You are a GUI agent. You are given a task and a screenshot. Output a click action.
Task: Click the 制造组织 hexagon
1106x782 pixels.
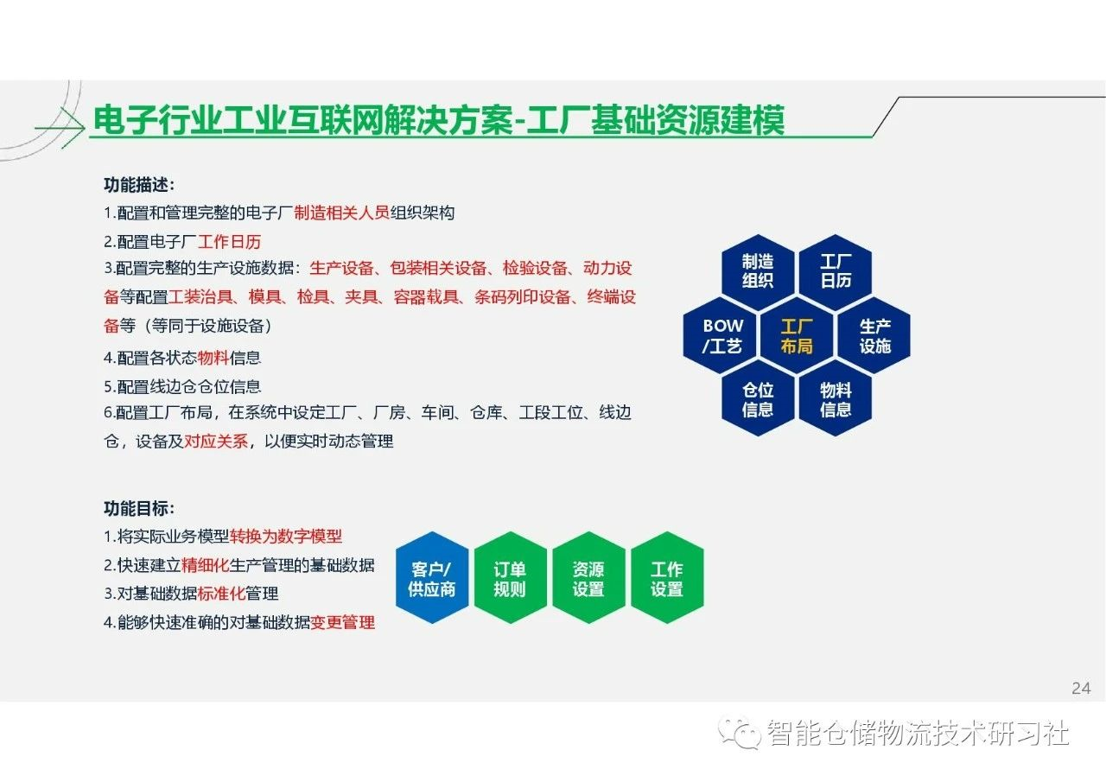(758, 271)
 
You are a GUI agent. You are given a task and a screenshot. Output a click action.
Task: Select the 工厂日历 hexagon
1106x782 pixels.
(836, 271)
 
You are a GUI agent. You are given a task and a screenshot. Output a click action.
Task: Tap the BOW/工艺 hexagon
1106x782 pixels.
(720, 336)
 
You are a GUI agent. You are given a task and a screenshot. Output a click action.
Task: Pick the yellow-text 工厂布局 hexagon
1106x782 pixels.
(797, 336)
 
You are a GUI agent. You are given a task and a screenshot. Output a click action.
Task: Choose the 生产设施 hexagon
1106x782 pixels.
(874, 336)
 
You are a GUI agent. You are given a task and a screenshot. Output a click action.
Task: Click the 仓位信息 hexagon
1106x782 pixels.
(758, 399)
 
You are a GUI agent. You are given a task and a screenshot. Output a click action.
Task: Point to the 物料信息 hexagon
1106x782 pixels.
(836, 399)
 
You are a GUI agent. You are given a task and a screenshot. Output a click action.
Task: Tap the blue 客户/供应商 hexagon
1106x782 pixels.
(432, 577)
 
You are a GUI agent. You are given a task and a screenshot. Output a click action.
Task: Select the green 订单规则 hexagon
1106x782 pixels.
(511, 577)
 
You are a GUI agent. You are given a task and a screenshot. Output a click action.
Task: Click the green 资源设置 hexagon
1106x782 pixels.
(588, 577)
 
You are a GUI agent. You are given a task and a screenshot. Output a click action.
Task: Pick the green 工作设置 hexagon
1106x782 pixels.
(667, 577)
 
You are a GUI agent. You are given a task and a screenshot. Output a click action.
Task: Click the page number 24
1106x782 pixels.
(1081, 688)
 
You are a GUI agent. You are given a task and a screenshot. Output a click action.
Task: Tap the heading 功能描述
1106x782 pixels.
(139, 185)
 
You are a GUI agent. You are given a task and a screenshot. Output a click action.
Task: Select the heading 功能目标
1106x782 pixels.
(139, 508)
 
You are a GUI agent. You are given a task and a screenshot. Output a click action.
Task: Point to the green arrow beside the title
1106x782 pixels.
(60, 129)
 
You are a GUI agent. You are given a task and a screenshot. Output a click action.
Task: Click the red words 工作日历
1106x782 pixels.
(229, 241)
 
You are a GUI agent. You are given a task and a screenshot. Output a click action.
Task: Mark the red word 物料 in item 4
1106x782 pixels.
(213, 357)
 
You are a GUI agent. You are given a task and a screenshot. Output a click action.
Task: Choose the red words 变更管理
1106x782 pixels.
(343, 622)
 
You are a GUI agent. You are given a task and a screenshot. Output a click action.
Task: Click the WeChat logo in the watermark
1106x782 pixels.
(739, 733)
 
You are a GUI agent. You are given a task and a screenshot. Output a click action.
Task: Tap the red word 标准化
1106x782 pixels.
(221, 593)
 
